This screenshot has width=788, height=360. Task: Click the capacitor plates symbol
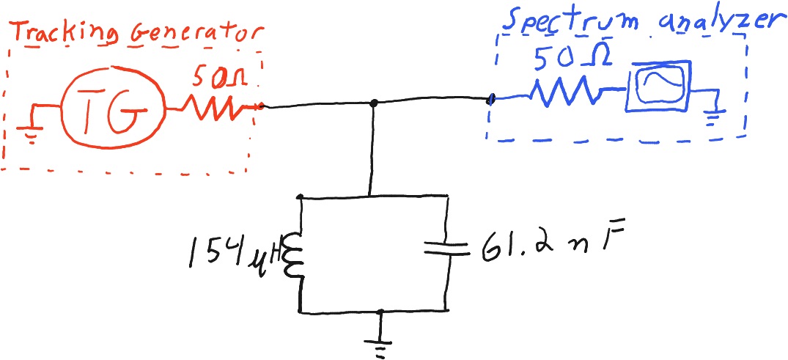pyautogui.click(x=446, y=248)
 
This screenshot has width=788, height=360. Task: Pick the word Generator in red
pyautogui.click(x=196, y=33)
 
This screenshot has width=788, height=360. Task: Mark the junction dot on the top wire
pyautogui.click(x=373, y=103)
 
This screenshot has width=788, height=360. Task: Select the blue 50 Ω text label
pyautogui.click(x=574, y=59)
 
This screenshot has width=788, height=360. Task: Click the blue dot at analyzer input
pyautogui.click(x=492, y=100)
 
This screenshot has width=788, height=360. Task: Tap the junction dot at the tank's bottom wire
pyautogui.click(x=380, y=312)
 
